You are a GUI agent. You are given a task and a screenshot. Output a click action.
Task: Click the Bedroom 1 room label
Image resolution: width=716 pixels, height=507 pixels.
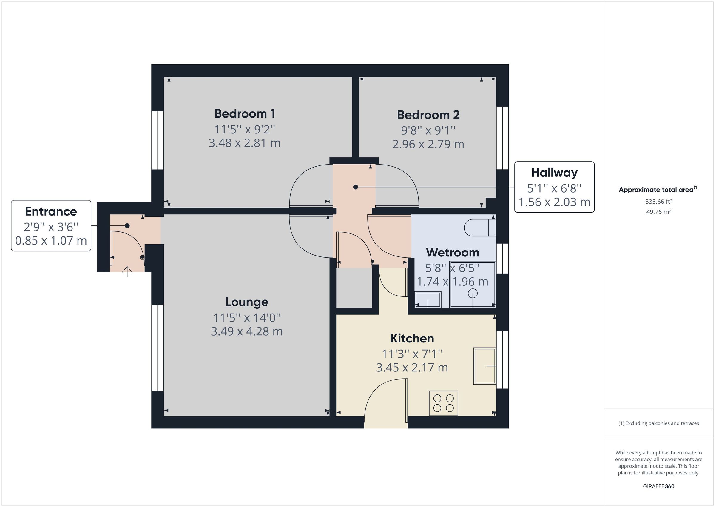(x=245, y=114)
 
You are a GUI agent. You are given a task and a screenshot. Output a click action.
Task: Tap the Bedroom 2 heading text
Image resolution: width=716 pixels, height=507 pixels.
(x=428, y=115)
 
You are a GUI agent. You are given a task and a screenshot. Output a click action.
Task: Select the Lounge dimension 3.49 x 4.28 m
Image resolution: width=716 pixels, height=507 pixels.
(x=247, y=331)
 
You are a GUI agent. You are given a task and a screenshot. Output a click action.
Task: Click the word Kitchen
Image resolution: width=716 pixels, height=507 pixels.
(x=412, y=338)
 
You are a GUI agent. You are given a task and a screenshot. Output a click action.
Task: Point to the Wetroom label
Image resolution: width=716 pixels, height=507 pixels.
(x=452, y=252)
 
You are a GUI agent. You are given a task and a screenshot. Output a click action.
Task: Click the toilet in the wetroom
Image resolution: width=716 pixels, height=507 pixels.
(x=479, y=228)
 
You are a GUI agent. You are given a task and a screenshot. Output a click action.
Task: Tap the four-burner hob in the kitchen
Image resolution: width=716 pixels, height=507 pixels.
(x=443, y=403)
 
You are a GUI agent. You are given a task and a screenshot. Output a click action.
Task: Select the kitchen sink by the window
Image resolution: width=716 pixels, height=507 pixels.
(x=484, y=366)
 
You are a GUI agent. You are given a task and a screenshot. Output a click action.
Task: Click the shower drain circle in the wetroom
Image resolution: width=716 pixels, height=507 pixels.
(x=473, y=294)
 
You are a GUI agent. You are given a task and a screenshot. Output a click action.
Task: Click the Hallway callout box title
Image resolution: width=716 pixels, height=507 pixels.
(x=554, y=173)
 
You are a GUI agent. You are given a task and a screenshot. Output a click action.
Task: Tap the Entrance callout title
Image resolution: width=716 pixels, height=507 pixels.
(x=51, y=211)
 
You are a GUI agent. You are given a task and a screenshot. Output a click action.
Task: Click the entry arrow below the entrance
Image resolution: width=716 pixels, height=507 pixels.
(x=127, y=271)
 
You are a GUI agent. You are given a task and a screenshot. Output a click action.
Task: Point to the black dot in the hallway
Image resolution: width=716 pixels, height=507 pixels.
(x=356, y=187)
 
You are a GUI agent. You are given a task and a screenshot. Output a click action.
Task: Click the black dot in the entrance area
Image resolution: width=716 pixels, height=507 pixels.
(x=127, y=225)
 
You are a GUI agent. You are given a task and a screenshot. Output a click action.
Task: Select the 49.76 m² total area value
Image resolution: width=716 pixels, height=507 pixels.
(x=658, y=212)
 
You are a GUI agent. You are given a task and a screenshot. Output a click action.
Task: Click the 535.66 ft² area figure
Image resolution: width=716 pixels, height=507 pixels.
(x=658, y=202)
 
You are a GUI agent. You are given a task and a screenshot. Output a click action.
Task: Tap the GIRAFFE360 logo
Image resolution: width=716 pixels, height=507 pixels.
(x=658, y=486)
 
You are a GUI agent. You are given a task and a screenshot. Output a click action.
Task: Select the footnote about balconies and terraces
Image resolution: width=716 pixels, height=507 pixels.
(x=658, y=423)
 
